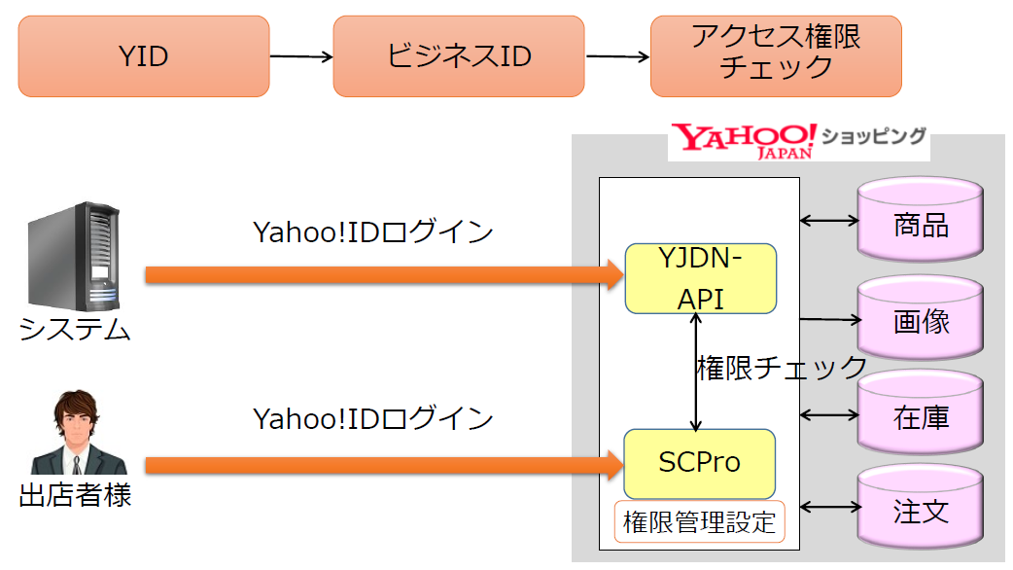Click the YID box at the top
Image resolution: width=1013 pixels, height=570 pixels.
[x=143, y=56]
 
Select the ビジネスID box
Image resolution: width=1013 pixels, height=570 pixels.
[x=459, y=56]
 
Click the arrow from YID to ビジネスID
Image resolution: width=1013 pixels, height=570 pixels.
[x=300, y=57]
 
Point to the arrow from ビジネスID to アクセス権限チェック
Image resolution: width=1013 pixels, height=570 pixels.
[x=616, y=57]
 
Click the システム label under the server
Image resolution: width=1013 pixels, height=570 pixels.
[x=75, y=331]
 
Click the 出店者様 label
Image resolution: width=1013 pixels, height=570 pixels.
[x=75, y=497]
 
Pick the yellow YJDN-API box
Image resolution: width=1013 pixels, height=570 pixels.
[x=700, y=278]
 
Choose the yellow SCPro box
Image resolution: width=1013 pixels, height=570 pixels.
[x=700, y=462]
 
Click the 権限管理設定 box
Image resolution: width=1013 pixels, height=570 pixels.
[x=700, y=522]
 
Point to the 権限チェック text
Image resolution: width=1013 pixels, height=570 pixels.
[x=782, y=368]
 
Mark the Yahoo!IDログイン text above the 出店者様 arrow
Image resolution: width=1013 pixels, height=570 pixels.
[x=373, y=419]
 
